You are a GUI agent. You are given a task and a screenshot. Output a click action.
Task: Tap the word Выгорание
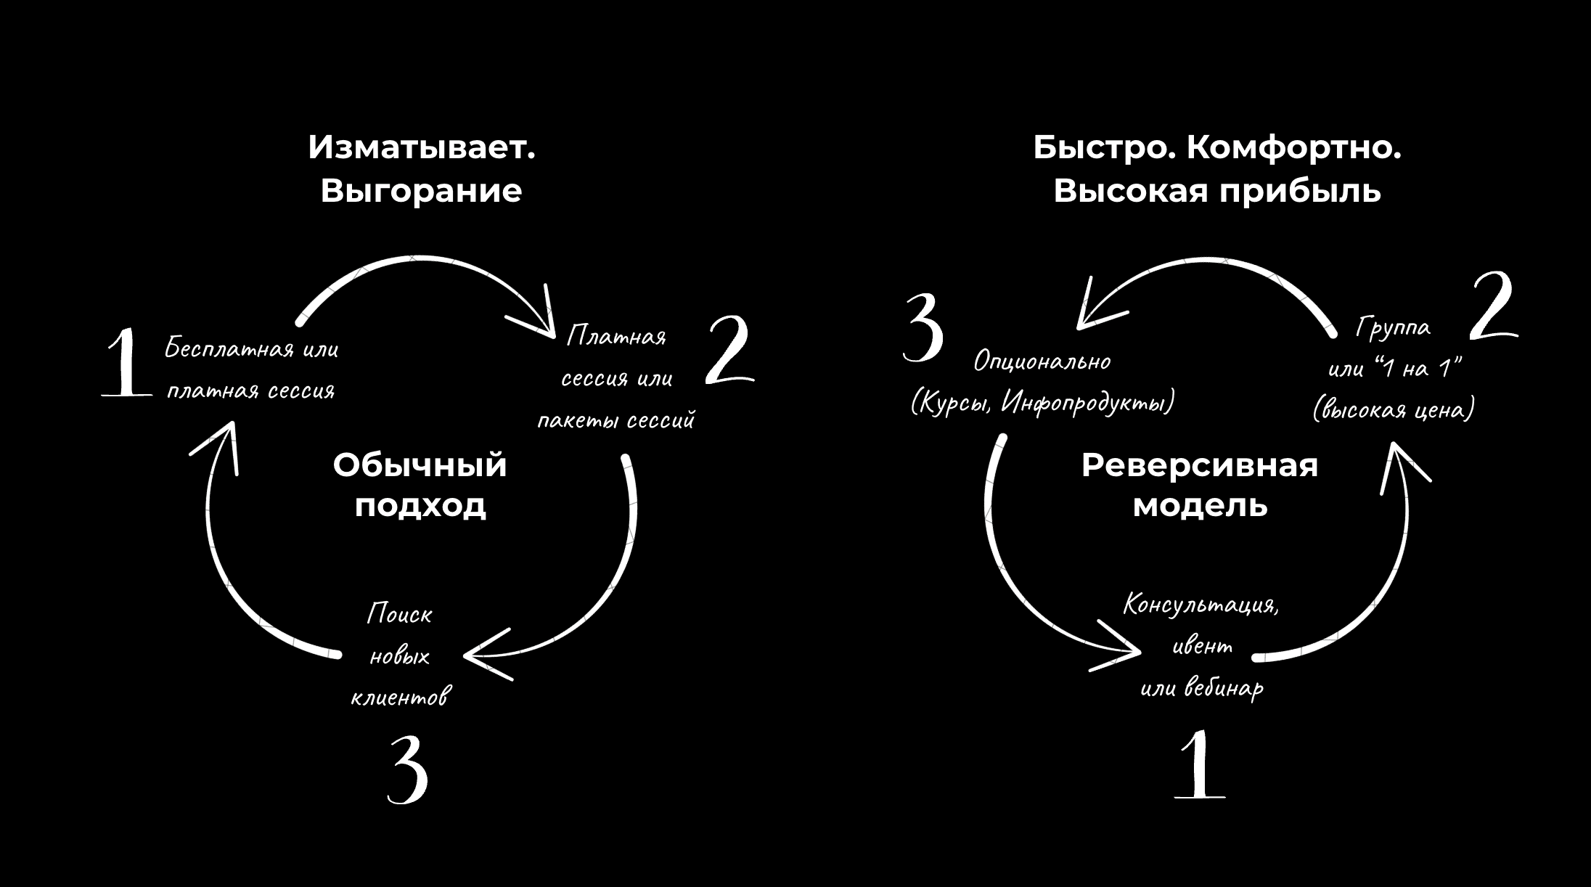(421, 191)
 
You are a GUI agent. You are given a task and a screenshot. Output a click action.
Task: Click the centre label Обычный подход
(420, 485)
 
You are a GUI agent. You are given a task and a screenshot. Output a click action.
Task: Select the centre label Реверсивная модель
(1199, 485)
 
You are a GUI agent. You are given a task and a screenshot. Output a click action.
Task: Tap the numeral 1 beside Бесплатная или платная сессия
(125, 362)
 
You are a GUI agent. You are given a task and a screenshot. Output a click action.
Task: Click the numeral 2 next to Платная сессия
(729, 350)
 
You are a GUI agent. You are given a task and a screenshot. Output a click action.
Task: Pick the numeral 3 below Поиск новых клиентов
(407, 769)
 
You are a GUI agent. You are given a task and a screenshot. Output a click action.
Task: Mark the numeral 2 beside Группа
(1492, 307)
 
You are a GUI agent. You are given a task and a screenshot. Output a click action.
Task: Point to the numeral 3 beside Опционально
(923, 328)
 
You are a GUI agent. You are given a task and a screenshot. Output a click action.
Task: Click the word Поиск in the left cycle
(399, 614)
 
